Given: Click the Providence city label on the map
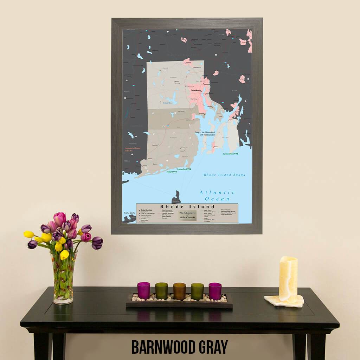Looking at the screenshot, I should [196, 90].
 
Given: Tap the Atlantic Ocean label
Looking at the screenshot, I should [217, 195].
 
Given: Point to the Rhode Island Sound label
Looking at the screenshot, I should [225, 175].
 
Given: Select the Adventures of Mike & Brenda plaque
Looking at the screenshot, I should [187, 215].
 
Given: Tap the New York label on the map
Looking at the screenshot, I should [129, 213].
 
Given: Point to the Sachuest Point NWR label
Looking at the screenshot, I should [231, 154].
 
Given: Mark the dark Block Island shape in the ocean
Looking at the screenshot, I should [176, 197].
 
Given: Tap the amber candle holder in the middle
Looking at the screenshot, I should [179, 291].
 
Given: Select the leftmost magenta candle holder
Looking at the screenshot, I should [143, 290].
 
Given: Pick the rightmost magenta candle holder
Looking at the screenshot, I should [215, 291].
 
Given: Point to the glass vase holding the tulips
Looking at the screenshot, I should [64, 278].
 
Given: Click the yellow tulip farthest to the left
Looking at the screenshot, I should [29, 234].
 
